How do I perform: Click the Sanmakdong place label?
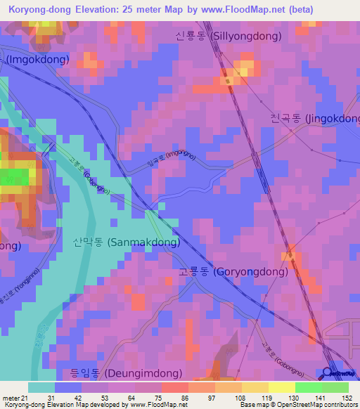126,242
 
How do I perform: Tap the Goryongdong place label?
233,271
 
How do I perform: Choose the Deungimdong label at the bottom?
126,373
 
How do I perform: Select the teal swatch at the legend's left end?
41,387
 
